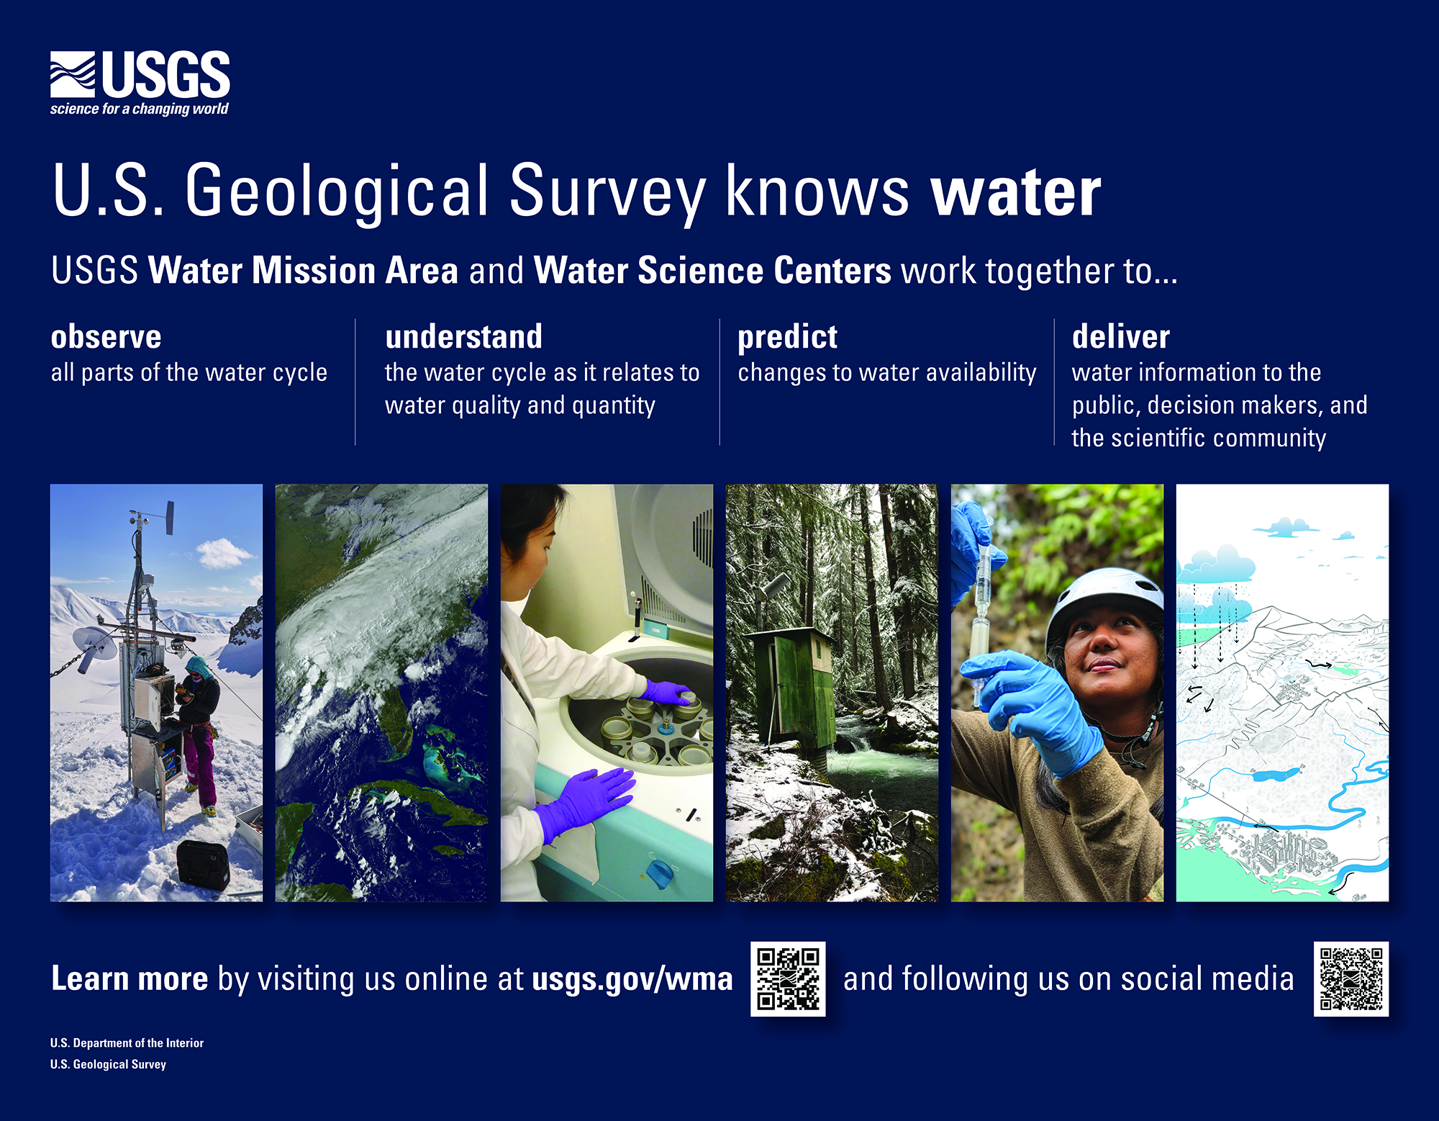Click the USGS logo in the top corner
(140, 83)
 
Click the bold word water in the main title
(1015, 192)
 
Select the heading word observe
(106, 337)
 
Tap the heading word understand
(463, 336)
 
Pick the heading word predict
(787, 338)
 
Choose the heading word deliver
(1120, 336)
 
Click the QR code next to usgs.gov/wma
(788, 978)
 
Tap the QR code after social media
(1351, 978)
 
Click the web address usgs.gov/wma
(632, 979)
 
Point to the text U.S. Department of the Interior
(127, 1043)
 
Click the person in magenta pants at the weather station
(197, 734)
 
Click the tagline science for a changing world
(139, 109)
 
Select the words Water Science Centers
(712, 271)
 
